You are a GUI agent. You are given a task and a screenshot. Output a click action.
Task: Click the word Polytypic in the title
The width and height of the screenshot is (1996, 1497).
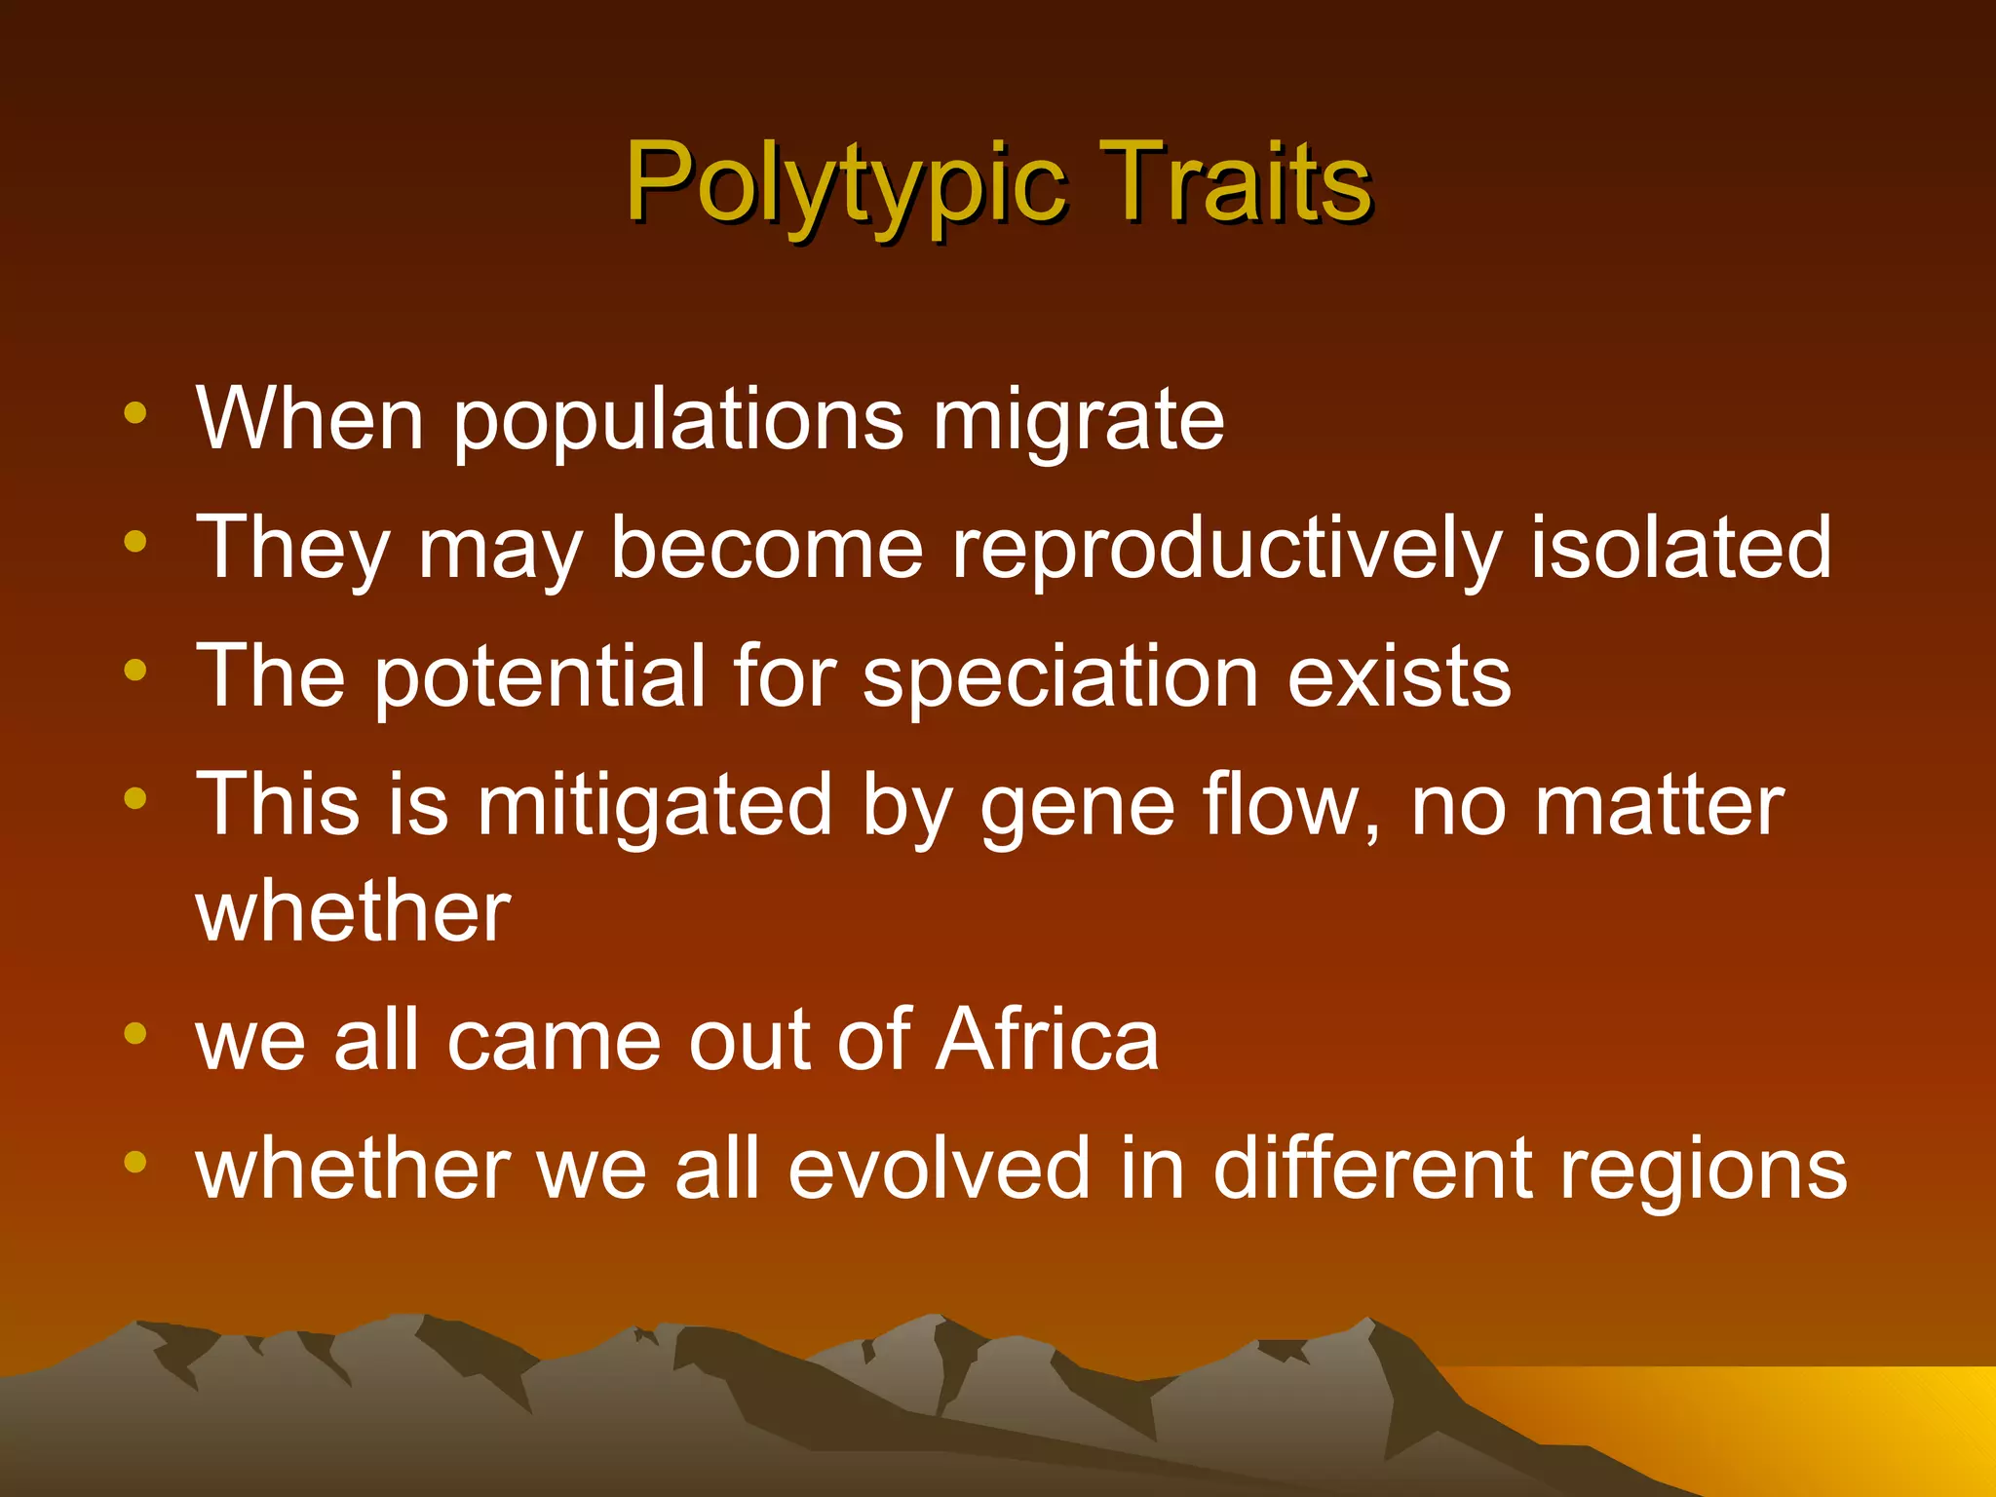click(x=845, y=182)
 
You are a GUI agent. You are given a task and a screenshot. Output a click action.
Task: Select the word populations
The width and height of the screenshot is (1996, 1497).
click(x=678, y=421)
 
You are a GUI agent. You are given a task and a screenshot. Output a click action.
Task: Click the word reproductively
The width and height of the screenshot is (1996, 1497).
click(x=1225, y=549)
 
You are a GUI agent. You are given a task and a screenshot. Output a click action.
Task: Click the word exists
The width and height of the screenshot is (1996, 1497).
click(x=1400, y=676)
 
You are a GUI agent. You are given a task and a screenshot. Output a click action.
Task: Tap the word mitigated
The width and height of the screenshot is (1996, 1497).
click(x=654, y=806)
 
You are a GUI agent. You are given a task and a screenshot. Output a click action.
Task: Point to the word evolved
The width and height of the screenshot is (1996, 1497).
click(x=939, y=1169)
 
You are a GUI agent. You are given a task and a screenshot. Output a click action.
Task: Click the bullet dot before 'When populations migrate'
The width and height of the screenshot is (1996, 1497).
click(x=135, y=412)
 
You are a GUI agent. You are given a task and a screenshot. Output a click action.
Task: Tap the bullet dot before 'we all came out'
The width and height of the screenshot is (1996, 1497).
click(x=135, y=1033)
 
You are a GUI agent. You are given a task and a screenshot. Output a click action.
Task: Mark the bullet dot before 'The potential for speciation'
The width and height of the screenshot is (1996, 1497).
click(x=135, y=670)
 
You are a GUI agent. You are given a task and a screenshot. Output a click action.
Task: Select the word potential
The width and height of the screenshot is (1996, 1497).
click(x=539, y=677)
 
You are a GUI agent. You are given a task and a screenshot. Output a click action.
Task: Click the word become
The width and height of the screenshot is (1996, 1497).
click(x=766, y=548)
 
